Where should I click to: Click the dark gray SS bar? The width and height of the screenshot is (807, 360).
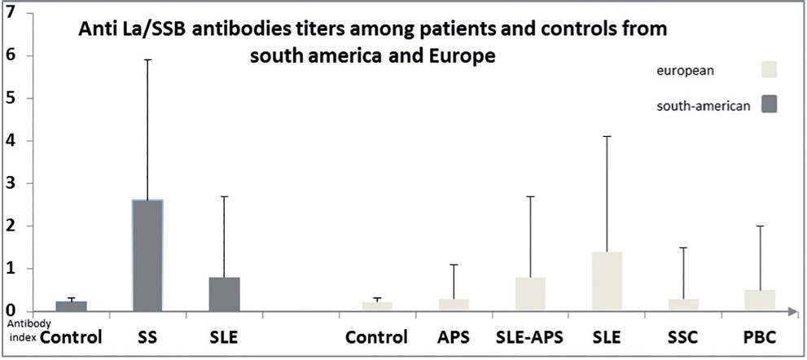147,255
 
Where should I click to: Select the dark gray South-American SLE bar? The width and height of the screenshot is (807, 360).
224,294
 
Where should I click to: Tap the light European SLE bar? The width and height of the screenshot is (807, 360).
607,281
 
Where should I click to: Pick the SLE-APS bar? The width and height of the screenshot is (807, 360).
530,294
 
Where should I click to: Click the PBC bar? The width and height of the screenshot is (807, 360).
761,300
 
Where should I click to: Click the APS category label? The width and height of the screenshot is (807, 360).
454,337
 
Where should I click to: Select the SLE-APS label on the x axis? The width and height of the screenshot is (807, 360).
529,337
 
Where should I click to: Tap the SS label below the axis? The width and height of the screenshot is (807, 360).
147,337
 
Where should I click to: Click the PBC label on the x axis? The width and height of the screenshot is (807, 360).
761,337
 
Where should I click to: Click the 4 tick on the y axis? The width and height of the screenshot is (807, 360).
10,141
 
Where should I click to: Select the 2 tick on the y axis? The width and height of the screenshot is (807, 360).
10,226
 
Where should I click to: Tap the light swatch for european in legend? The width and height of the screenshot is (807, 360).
766,69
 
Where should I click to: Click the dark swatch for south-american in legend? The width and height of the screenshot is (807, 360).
766,104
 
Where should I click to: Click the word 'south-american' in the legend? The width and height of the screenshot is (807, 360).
703,105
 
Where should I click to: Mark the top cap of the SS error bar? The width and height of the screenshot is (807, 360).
147,59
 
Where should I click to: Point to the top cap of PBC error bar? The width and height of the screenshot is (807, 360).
761,226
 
